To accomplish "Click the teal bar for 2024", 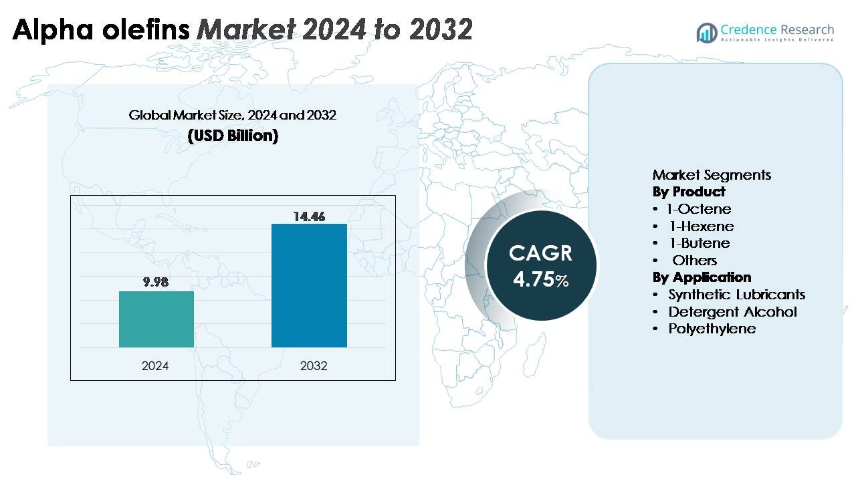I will pos(156,319).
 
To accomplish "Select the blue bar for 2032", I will pos(309,285).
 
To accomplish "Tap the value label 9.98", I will pos(156,282).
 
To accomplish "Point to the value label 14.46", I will pos(309,216).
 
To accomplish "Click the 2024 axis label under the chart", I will pos(155,366).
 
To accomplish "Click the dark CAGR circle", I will pos(540,265).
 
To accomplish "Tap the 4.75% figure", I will pos(540,279).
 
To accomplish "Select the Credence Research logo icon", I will pos(706,32).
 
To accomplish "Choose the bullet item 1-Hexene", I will pos(702,226).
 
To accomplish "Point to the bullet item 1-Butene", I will pos(700,243).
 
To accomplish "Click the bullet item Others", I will pos(694,261).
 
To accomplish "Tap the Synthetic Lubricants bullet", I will pos(736,295).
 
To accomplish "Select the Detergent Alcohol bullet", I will pos(732,312).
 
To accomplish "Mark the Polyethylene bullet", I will pos(712,329).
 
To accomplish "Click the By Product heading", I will pos(689,192).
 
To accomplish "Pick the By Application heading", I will pos(702,277).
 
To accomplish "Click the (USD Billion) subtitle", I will pos(233,136).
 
